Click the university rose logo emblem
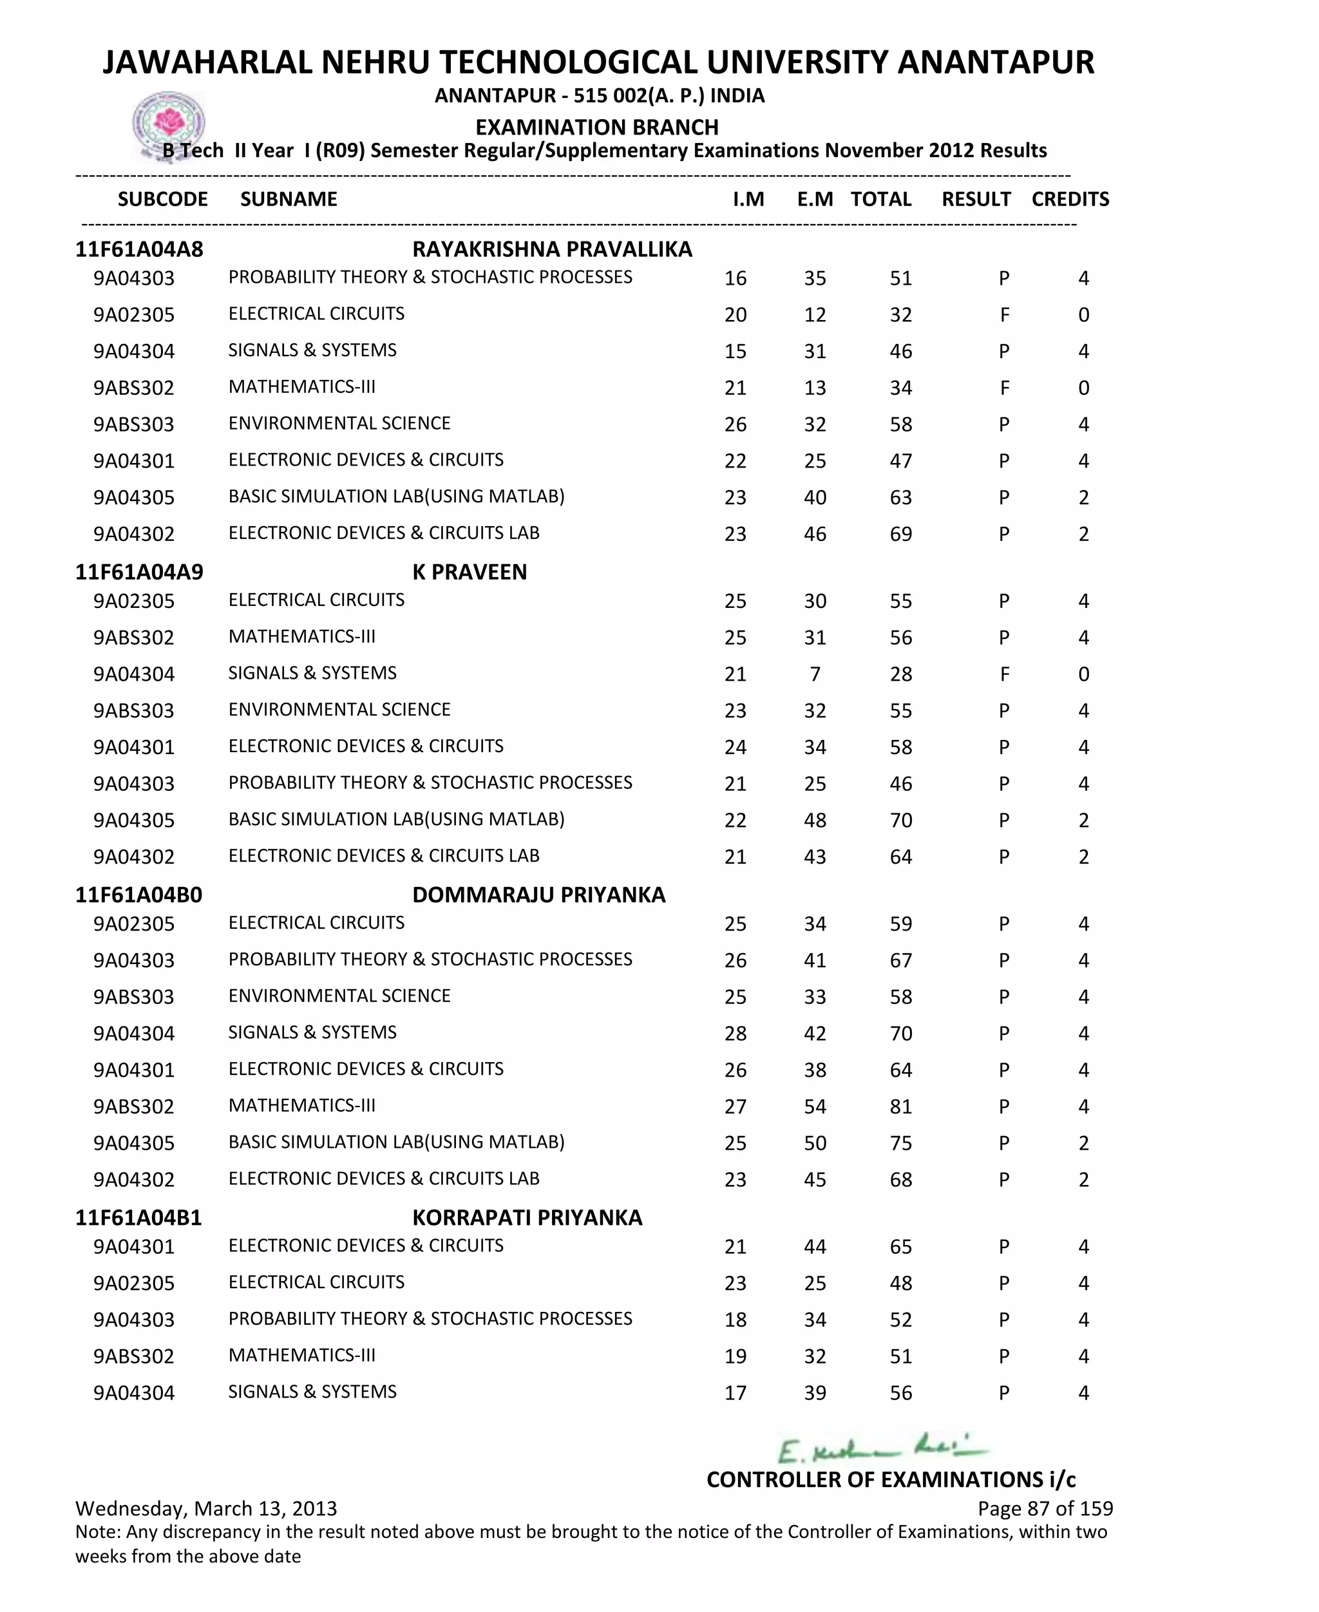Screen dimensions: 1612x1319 click(168, 124)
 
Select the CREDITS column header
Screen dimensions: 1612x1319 click(1070, 199)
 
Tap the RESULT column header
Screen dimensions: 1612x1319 click(976, 199)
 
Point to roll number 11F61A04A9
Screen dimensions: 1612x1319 click(139, 572)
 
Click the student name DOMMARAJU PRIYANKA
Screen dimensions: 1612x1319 click(538, 895)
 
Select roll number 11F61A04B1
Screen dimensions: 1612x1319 click(138, 1218)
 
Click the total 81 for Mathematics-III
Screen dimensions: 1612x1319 click(900, 1107)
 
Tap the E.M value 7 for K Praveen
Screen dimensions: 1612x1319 click(815, 674)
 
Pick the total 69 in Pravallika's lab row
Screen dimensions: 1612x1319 click(900, 534)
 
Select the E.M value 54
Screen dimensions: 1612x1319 click(815, 1107)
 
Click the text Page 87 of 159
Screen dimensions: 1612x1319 click(1045, 1509)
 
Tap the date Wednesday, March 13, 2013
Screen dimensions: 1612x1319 click(206, 1509)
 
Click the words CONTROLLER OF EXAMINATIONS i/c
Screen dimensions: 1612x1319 click(891, 1480)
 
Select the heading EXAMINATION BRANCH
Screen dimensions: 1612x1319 click(596, 127)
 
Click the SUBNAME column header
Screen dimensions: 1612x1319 click(288, 199)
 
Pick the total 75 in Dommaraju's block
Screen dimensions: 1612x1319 click(900, 1143)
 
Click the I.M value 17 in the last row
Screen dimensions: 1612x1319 click(735, 1393)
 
